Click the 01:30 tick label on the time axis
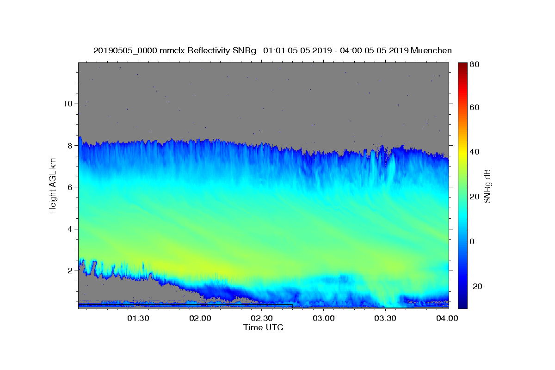[x=138, y=319]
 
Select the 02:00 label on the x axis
[x=200, y=319]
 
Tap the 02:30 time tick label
[x=262, y=319]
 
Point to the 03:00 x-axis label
[x=324, y=319]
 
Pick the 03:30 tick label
[x=386, y=319]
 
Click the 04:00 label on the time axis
[x=448, y=319]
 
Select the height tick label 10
[x=67, y=104]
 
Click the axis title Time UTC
[x=263, y=327]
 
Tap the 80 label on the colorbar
[x=475, y=65]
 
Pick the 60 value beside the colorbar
[x=475, y=107]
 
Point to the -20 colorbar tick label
[x=476, y=287]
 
